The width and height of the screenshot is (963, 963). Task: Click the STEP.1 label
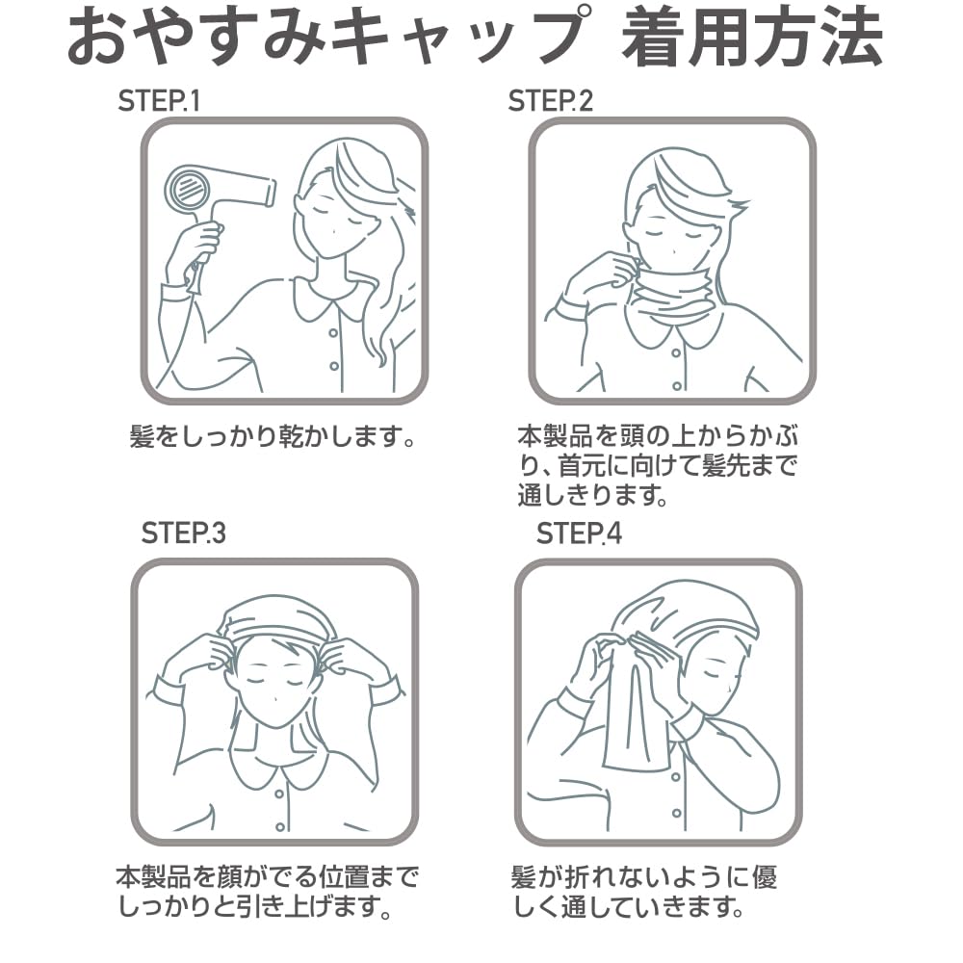[x=159, y=101]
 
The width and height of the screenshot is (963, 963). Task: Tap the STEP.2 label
[x=551, y=101]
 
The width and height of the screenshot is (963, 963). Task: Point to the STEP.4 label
[x=579, y=533]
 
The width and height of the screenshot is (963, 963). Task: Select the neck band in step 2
[x=671, y=290]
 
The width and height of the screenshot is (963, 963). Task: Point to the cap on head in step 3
[x=276, y=616]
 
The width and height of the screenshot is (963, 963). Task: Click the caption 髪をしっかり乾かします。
[x=273, y=439]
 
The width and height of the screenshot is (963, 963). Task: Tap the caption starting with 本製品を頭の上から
[x=657, y=467]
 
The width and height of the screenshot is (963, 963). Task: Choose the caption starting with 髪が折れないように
[x=642, y=892]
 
